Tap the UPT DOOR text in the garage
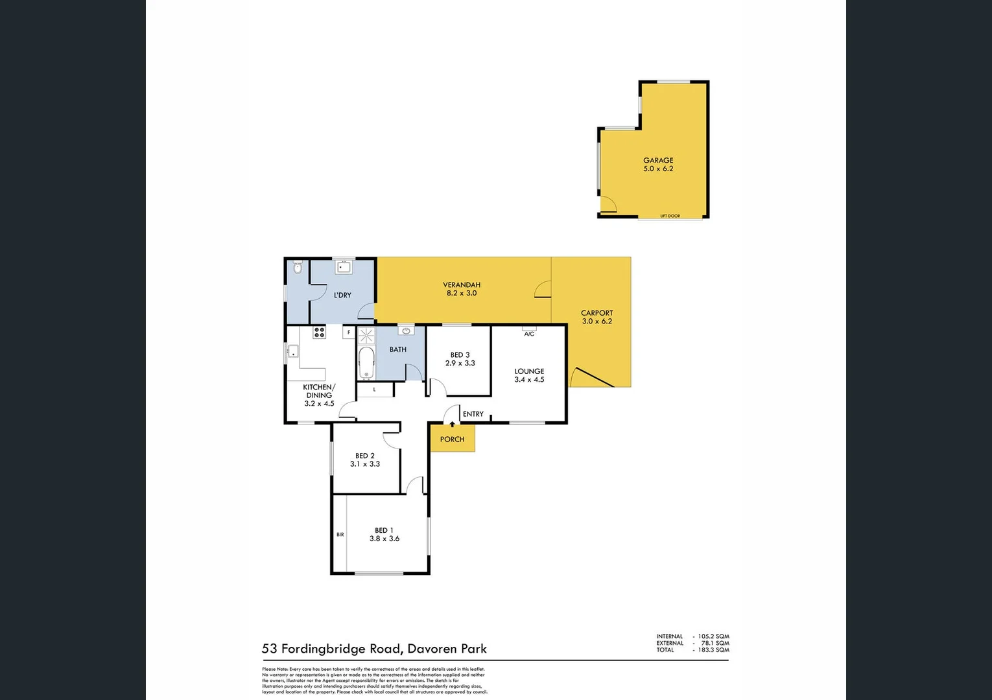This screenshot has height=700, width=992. (x=670, y=216)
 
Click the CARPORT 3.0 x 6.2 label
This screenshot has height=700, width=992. (x=596, y=317)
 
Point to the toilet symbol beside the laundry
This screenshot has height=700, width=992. (x=298, y=267)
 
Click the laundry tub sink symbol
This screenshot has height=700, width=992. (x=343, y=266)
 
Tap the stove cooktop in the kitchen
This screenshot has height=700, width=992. (x=319, y=332)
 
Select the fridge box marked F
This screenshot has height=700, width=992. (x=349, y=332)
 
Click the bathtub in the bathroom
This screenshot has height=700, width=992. (x=366, y=363)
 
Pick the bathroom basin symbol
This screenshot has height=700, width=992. (x=407, y=331)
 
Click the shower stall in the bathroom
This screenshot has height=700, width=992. (x=366, y=335)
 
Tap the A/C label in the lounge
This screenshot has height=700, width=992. (x=529, y=334)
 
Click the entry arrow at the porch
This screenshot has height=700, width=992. (x=452, y=425)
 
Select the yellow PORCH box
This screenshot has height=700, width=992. (x=452, y=439)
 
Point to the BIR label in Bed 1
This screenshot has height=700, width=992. (x=340, y=535)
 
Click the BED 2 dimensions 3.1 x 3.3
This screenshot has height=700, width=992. (x=365, y=464)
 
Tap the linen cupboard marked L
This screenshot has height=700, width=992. (x=375, y=390)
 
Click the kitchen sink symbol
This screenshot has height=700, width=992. (x=293, y=353)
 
